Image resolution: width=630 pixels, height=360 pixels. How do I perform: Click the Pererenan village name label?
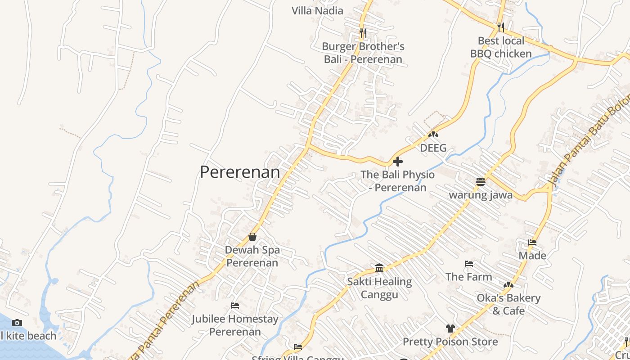240,172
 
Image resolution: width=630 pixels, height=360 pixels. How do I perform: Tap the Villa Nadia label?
317,11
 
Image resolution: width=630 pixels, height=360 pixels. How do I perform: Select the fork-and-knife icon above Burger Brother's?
363,33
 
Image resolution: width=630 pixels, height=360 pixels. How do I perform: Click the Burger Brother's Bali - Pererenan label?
363,53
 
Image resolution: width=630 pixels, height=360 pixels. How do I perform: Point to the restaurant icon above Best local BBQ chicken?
501,27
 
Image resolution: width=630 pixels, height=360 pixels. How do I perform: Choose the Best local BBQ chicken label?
501,47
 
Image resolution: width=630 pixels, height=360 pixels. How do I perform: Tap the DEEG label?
433,148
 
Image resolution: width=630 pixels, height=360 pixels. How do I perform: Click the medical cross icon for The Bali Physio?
398,161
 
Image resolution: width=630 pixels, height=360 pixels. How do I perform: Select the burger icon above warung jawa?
481,182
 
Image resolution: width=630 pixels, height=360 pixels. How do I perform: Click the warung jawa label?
481,195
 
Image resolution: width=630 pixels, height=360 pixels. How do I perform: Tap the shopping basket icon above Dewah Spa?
252,237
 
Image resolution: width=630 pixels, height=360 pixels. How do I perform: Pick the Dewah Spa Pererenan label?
252,256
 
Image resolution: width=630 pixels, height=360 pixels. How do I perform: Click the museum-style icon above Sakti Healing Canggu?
379,268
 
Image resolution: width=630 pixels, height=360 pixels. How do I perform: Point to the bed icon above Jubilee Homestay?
235,306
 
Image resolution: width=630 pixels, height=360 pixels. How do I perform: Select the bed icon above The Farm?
469,264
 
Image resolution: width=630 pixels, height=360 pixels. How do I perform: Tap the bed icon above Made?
532,243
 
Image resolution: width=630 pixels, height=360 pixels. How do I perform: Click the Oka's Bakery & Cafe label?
508,304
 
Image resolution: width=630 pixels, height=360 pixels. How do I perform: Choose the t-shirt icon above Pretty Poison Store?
450,328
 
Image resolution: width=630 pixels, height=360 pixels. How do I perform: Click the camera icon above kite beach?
17,323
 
